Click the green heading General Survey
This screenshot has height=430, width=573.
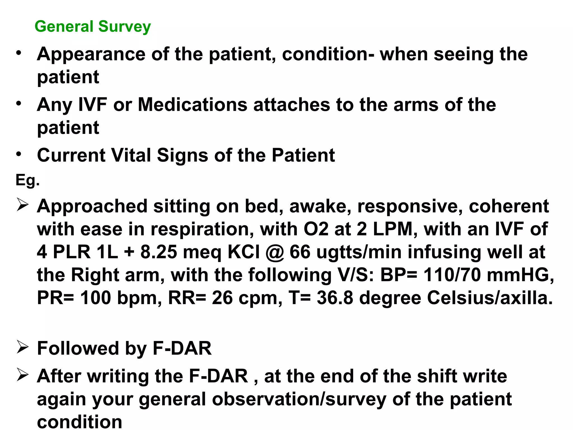[x=93, y=27]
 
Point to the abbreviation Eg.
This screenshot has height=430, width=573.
[x=27, y=180]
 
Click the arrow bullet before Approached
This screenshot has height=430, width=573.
[x=22, y=205]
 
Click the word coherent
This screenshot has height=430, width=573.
[x=509, y=206]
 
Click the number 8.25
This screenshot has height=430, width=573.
[x=159, y=252]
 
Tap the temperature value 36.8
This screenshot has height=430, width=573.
[x=335, y=298]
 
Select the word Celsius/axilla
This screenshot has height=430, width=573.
[x=490, y=298]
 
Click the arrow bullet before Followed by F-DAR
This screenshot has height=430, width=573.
[x=22, y=347]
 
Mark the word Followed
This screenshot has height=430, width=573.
[x=78, y=349]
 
